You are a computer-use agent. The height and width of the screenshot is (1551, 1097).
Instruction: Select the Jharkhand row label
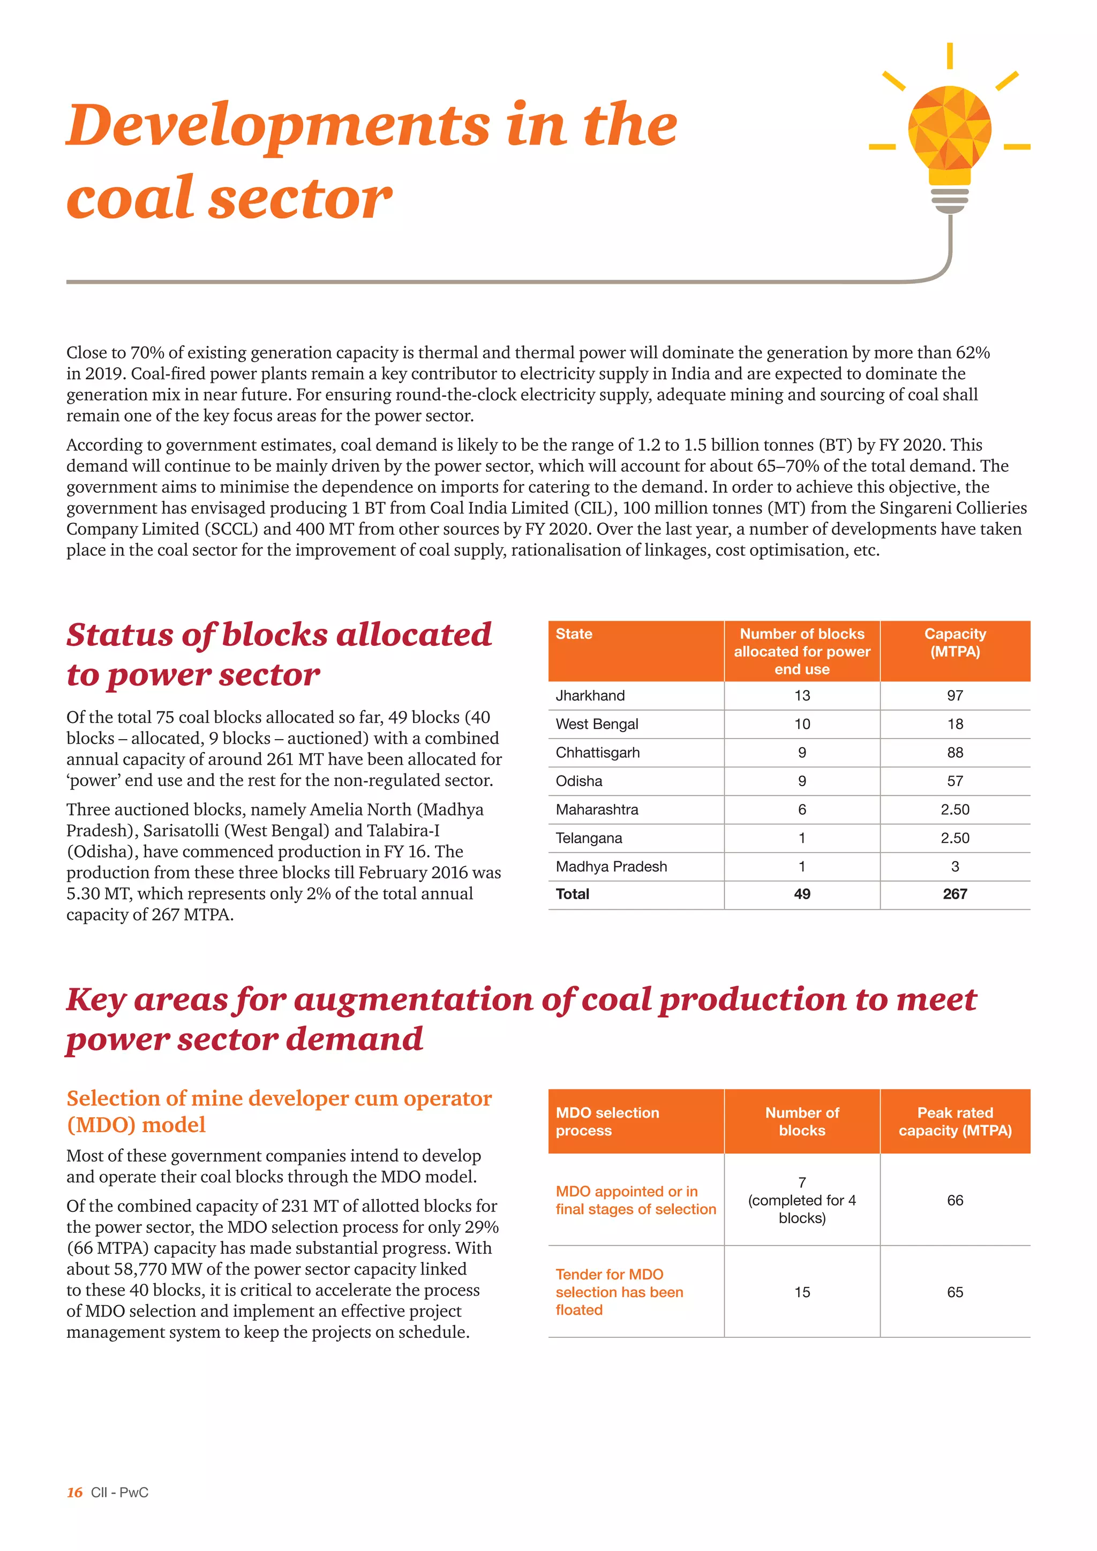(590, 695)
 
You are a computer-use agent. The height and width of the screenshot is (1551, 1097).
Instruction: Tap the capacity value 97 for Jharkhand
(955, 695)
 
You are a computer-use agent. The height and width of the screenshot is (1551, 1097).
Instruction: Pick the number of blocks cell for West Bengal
(802, 724)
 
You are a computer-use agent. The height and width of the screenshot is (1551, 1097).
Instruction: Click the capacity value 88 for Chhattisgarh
(955, 752)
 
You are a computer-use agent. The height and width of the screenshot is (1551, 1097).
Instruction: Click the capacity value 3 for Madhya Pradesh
(955, 866)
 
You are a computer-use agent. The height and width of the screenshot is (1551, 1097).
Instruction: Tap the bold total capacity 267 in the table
(955, 894)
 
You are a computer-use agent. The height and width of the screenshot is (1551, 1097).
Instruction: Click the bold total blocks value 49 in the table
(802, 894)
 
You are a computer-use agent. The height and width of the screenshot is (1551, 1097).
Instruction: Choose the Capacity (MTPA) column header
(955, 643)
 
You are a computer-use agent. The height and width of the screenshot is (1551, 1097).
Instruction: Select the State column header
(574, 634)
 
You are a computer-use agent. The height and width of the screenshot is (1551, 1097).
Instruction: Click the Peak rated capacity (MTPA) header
(955, 1121)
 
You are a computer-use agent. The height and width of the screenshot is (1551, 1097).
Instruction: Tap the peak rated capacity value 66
(955, 1200)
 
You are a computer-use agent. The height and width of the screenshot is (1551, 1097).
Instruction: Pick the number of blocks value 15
(802, 1292)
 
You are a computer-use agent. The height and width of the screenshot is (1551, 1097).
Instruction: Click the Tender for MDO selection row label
(619, 1292)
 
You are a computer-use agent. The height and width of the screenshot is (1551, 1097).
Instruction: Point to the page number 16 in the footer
(74, 1492)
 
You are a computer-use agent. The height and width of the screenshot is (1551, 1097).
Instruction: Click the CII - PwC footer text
(119, 1492)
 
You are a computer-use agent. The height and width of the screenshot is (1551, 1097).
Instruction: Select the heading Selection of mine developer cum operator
(279, 1098)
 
